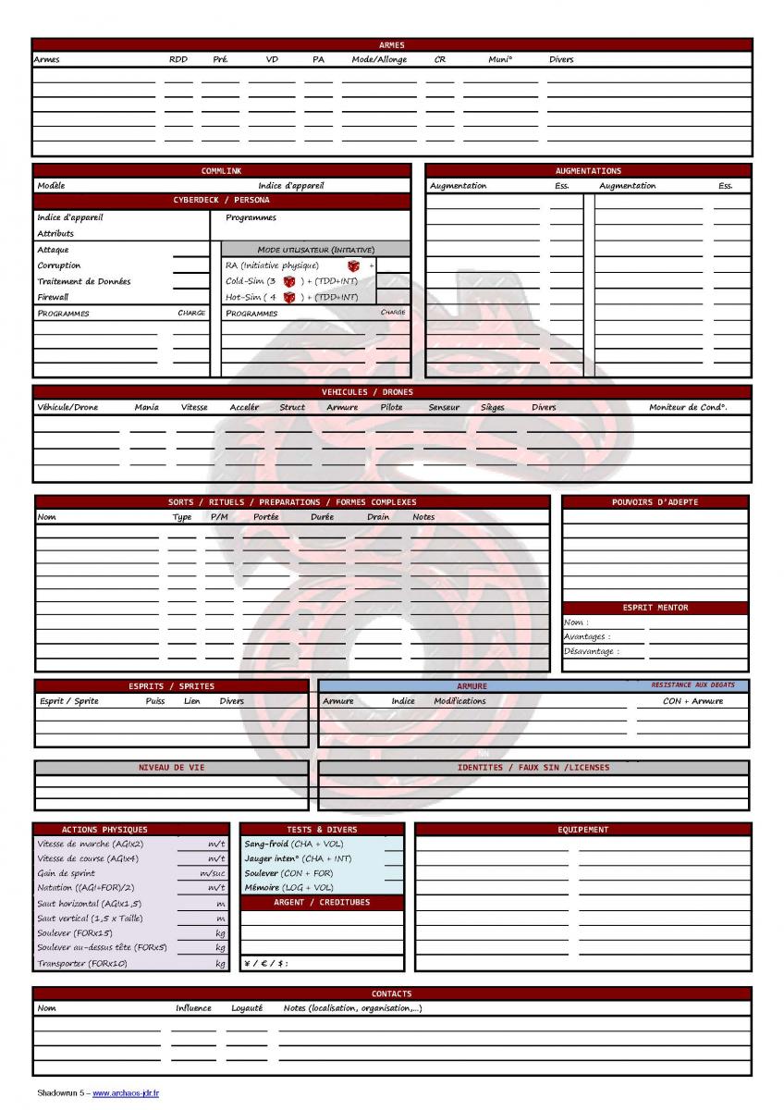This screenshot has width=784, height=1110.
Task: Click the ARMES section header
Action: [391, 44]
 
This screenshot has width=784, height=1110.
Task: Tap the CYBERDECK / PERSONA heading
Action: [222, 200]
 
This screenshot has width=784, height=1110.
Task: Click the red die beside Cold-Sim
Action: [288, 281]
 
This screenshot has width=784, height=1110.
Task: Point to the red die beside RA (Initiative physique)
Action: [353, 265]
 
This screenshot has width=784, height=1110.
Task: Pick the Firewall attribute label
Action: [53, 297]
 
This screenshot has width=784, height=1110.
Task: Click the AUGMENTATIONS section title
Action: [588, 170]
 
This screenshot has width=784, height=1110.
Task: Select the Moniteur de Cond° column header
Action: [688, 407]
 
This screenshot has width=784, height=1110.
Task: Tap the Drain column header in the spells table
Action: [378, 517]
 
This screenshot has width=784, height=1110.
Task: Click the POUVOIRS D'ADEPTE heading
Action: [655, 502]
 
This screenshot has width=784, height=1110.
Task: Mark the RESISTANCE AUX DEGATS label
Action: [692, 684]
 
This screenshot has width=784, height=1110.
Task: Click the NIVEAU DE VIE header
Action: [171, 767]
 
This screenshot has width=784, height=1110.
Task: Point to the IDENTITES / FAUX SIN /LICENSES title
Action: [533, 767]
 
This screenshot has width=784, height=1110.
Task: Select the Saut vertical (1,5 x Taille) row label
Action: [89, 919]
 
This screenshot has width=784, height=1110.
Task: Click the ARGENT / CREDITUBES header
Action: [322, 902]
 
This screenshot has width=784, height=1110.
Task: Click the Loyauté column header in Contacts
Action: [247, 1008]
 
